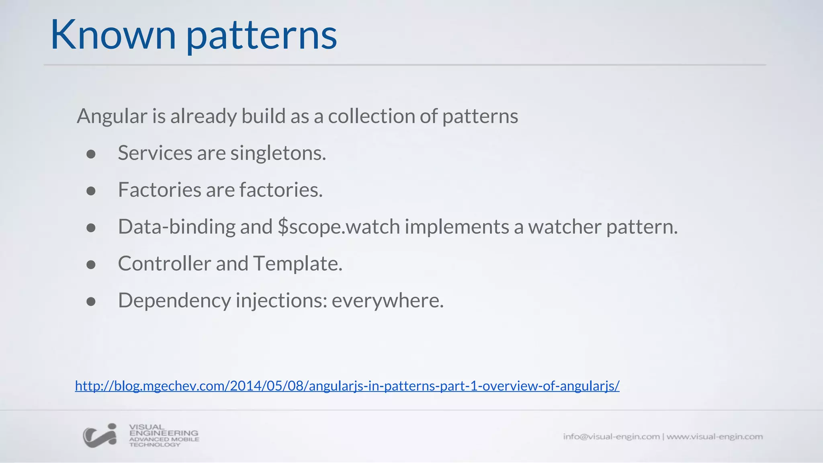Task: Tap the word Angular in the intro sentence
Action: coord(112,117)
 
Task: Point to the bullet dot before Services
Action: coord(91,154)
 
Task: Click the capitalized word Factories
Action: coord(159,190)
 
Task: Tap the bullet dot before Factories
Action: coord(91,191)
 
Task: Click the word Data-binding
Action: coord(176,227)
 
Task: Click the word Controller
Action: coord(164,264)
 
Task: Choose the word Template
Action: coord(297,264)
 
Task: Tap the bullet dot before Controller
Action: coord(91,265)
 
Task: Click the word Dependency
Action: coord(174,301)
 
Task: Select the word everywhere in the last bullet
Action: coord(387,301)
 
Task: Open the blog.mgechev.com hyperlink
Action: coord(347,386)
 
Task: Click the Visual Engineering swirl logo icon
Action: coord(100,436)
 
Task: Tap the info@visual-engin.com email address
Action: coord(611,436)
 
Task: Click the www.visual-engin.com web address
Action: coord(714,436)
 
